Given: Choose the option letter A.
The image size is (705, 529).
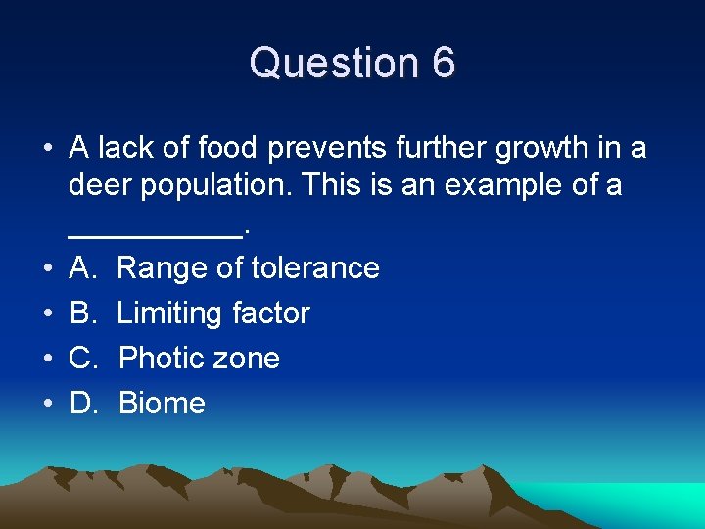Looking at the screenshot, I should (82, 267).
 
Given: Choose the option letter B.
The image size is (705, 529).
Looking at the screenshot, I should (82, 313).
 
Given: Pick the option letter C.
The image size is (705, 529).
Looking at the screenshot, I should (82, 359).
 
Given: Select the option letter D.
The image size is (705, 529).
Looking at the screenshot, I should (82, 404).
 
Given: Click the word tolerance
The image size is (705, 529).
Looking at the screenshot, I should (315, 267).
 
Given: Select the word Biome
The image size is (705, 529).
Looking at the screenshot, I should (162, 404).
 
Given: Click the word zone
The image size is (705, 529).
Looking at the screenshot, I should (249, 359).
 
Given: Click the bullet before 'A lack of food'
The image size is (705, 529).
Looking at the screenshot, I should (47, 149).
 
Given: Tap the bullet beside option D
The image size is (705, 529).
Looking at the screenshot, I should (47, 404).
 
